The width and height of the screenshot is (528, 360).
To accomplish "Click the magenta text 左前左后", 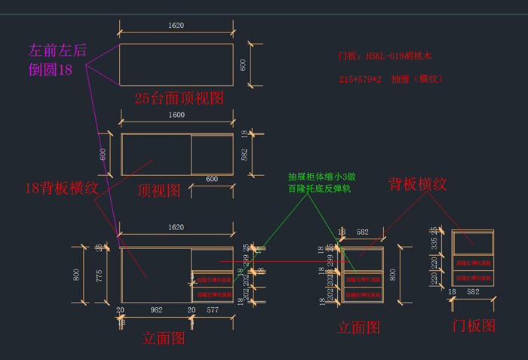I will (57, 51).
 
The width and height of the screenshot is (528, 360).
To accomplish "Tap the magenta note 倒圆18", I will (51, 69).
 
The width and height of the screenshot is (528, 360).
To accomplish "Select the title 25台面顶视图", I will (179, 98).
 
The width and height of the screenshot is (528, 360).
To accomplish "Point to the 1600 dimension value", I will (176, 115).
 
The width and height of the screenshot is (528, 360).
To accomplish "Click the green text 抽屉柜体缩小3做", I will (321, 177).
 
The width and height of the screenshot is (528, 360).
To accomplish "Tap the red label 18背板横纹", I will (61, 188).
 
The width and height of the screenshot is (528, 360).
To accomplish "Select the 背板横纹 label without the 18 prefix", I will (418, 183).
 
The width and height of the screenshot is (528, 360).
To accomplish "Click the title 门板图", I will (473, 326).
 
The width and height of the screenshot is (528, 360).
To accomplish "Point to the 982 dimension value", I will (156, 310).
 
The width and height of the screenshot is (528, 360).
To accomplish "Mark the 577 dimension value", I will (213, 310).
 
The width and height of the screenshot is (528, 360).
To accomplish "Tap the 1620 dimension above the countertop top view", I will (176, 26).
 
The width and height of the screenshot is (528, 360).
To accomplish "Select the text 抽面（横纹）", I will (416, 78).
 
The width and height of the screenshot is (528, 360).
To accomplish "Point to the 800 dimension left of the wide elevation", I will (76, 275).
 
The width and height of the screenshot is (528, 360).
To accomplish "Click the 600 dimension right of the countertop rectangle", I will (243, 65).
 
